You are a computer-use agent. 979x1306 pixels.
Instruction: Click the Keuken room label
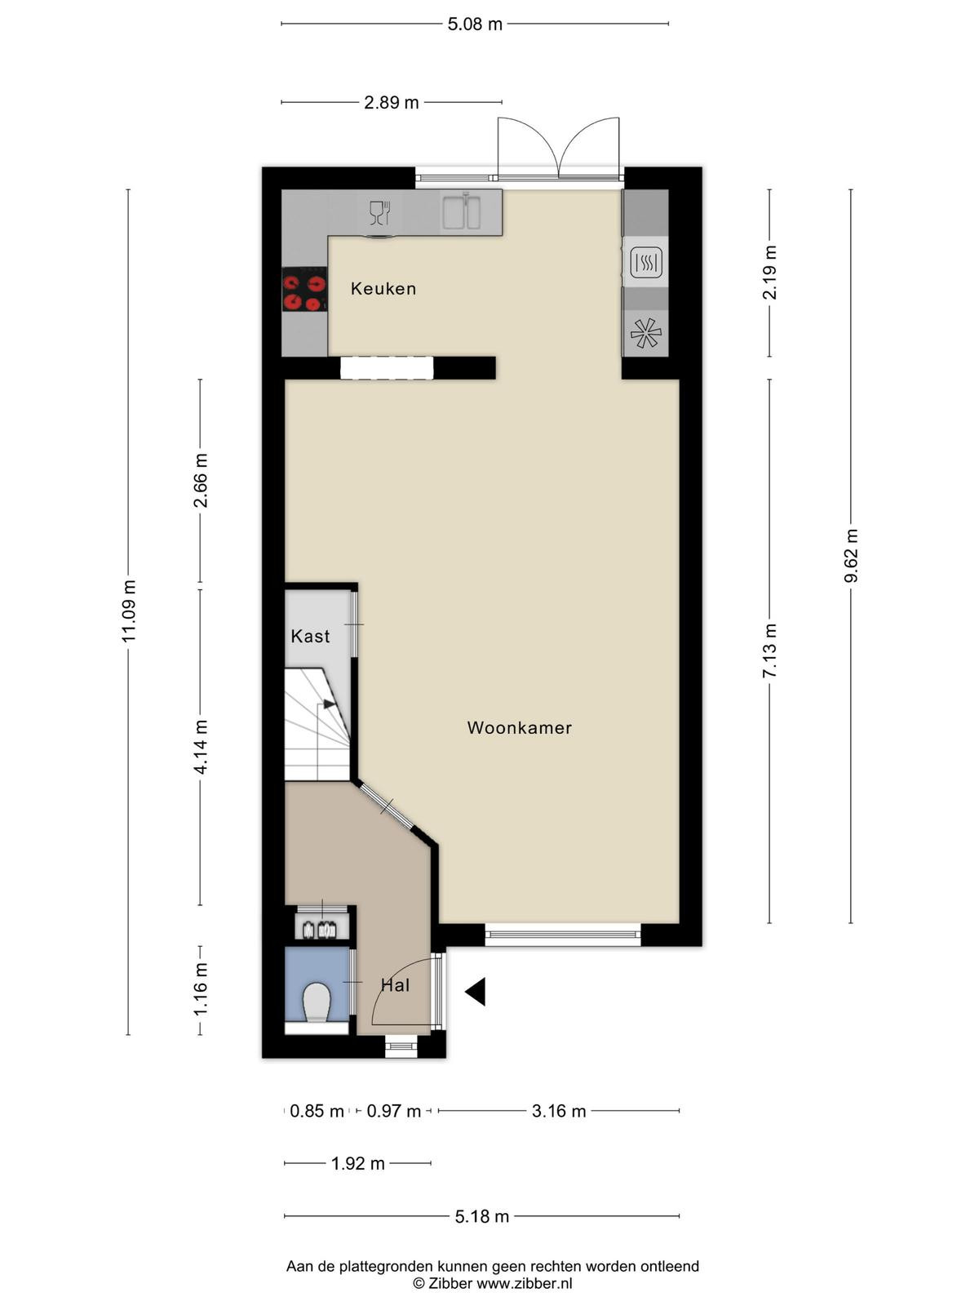(383, 289)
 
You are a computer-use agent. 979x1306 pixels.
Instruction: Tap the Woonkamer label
(519, 727)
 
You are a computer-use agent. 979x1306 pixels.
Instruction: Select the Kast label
(310, 636)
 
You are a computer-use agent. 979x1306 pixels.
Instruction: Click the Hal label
(396, 985)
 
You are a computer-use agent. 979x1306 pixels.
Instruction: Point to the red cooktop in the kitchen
(304, 289)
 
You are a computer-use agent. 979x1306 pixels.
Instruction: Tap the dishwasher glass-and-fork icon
(379, 213)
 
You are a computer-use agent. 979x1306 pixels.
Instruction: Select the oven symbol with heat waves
(646, 262)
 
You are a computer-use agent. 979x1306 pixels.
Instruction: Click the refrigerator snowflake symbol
(645, 333)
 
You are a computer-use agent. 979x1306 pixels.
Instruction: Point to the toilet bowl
(317, 1002)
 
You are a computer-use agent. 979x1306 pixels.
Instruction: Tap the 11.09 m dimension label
(128, 611)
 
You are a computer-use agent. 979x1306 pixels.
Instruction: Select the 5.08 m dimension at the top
(475, 24)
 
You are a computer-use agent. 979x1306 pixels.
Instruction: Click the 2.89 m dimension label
(391, 103)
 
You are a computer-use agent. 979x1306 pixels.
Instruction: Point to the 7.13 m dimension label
(770, 651)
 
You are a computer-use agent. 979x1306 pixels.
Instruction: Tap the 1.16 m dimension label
(201, 989)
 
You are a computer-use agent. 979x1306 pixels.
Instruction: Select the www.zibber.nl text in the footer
(525, 1284)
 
